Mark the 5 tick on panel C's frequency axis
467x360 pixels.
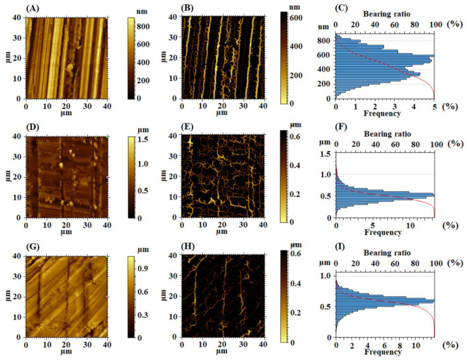(x=434, y=105)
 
